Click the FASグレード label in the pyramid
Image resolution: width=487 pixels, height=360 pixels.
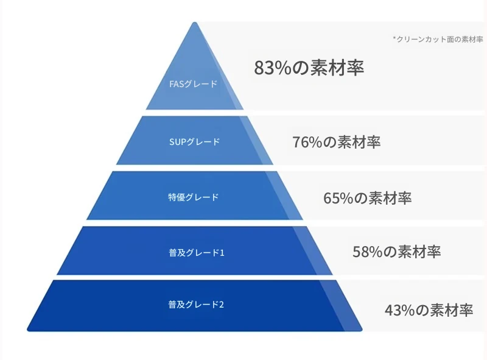[193, 84]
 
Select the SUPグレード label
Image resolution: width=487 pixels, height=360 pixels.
[194, 142]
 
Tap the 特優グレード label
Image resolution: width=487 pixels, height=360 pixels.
[194, 197]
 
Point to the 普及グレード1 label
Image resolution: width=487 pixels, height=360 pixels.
[196, 252]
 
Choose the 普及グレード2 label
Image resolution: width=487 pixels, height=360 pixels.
[196, 305]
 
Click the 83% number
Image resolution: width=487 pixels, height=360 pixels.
[273, 68]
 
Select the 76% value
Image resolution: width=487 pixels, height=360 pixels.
[307, 142]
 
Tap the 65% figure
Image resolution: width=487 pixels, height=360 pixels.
[338, 198]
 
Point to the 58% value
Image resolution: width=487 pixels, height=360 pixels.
[368, 252]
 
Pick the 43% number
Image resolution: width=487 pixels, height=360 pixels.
[400, 310]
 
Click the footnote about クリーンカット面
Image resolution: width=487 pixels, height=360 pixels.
[438, 39]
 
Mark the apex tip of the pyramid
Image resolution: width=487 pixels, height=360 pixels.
[195, 23]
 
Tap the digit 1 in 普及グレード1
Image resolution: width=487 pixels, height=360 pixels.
[222, 253]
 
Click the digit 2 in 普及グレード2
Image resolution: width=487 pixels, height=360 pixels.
[222, 305]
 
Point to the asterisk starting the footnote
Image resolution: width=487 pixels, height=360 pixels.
[394, 38]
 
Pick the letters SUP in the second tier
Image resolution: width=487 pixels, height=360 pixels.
[177, 142]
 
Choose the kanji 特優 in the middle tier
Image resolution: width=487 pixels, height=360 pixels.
[177, 197]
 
